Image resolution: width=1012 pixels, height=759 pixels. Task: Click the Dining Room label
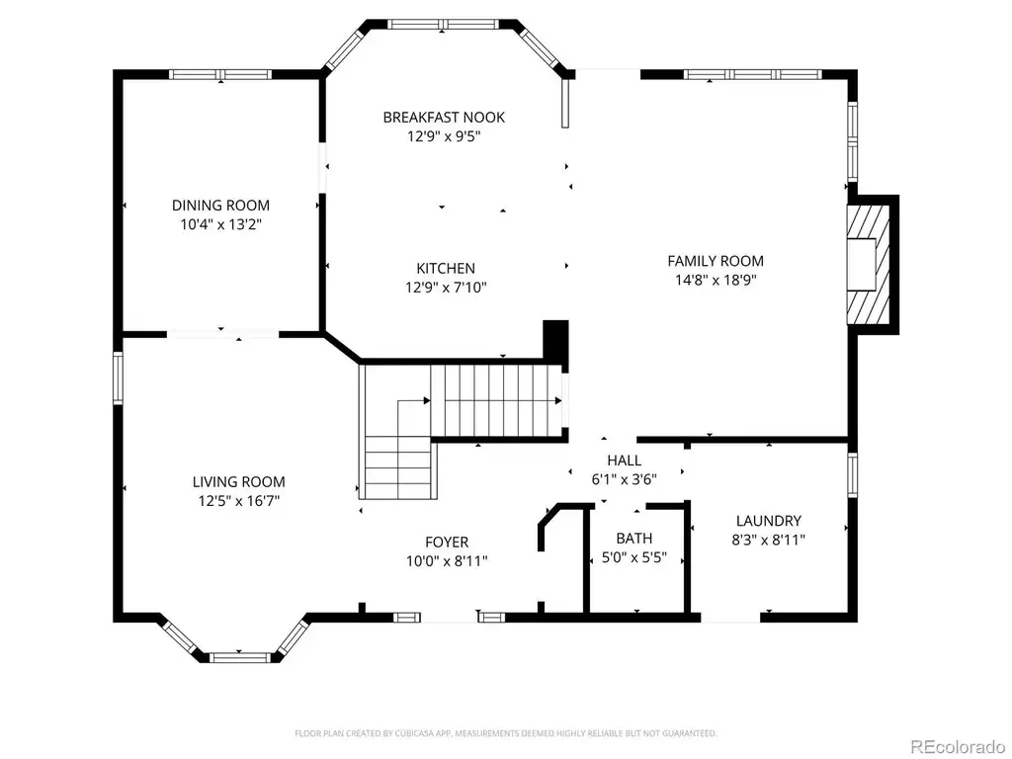220,206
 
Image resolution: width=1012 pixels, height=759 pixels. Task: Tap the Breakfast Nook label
444,118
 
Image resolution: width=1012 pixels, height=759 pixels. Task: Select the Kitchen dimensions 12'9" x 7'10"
446,288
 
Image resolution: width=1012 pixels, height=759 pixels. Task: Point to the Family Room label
716,261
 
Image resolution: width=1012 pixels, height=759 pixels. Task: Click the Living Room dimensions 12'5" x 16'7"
239,501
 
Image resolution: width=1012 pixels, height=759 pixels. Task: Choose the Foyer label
447,543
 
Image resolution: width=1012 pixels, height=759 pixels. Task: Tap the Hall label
625,461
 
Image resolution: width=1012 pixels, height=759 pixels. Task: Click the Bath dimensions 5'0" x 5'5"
634,557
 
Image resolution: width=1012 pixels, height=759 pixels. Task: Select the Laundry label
769,520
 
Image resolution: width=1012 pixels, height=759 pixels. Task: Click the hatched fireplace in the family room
869,265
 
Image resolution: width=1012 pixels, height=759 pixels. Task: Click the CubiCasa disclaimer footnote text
505,733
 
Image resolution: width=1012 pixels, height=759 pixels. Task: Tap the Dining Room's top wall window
220,74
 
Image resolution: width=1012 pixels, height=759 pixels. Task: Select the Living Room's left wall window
119,379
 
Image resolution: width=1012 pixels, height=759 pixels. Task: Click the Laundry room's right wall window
853,475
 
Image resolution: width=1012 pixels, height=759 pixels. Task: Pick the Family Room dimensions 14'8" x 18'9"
716,280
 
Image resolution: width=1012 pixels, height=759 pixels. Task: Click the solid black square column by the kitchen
555,339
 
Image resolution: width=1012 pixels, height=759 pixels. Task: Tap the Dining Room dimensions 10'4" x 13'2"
220,224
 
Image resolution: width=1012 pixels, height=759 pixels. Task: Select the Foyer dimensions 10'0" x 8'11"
447,561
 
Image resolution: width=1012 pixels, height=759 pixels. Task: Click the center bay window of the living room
239,657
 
